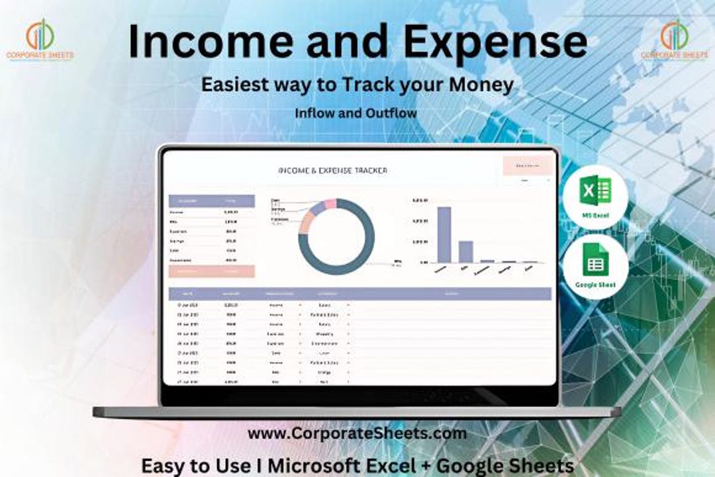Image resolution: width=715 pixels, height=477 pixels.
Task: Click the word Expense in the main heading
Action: point(495,42)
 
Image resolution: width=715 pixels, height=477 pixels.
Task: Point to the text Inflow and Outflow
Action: point(356,113)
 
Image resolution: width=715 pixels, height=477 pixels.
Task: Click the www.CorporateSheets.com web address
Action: point(357,434)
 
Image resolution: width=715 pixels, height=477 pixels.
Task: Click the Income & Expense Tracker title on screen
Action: point(333,171)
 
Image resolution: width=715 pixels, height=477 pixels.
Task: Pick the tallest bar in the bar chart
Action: point(444,235)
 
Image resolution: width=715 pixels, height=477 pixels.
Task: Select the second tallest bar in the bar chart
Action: point(465,251)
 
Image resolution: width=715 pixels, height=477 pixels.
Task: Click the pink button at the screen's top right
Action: point(527,165)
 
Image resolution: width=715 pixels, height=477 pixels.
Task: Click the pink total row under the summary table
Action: point(211,271)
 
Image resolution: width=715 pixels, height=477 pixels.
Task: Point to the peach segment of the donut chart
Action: point(305,224)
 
